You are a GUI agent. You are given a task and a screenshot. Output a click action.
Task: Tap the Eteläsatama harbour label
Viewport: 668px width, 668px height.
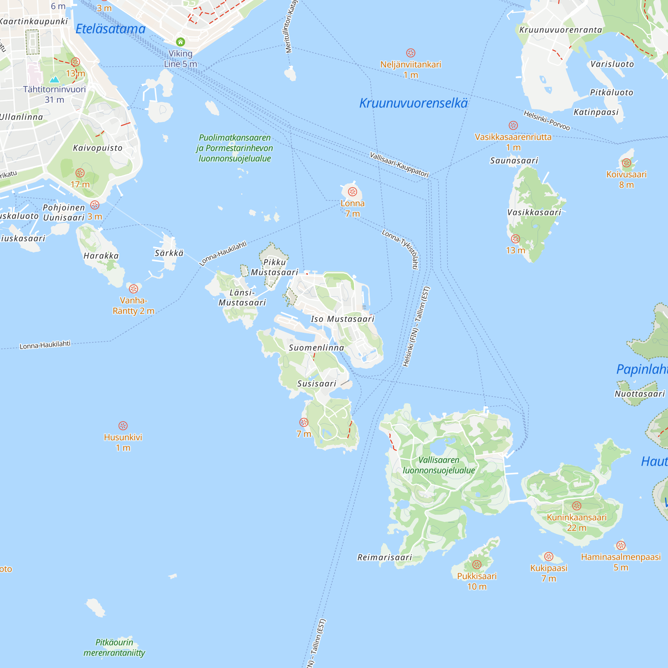110,29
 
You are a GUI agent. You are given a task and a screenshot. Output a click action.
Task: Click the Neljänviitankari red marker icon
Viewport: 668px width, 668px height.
410,53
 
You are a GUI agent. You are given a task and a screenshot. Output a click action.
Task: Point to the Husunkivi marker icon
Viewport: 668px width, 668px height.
123,426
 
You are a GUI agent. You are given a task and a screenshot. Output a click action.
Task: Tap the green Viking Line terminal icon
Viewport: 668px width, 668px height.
180,42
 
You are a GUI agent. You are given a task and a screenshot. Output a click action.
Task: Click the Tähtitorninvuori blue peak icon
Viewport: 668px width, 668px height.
54,79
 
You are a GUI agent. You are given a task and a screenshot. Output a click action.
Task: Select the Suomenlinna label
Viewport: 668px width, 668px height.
316,347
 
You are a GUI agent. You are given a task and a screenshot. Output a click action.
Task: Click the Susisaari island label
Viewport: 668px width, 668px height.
317,383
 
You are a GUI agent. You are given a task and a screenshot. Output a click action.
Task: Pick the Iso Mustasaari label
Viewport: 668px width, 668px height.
342,319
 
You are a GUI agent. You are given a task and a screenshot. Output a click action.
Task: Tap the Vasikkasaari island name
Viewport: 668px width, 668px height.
534,212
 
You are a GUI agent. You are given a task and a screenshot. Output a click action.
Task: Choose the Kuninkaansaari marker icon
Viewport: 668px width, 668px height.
576,506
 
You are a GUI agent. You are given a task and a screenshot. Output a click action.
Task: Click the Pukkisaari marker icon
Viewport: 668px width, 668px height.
477,564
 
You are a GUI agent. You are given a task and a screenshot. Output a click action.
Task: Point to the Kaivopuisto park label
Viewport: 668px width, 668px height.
98,148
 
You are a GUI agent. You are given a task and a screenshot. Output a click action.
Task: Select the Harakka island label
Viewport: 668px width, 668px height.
101,256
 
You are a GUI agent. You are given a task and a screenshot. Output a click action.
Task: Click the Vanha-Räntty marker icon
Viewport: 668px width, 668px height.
134,289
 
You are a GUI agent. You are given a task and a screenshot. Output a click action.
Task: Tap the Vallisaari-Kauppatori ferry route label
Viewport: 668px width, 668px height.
399,165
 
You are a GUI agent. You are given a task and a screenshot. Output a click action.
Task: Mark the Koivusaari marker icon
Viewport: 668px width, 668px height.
626,163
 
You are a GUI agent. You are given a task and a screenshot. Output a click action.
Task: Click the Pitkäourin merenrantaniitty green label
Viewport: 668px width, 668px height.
114,647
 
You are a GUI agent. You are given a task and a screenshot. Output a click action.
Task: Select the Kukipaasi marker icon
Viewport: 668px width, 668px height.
549,557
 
